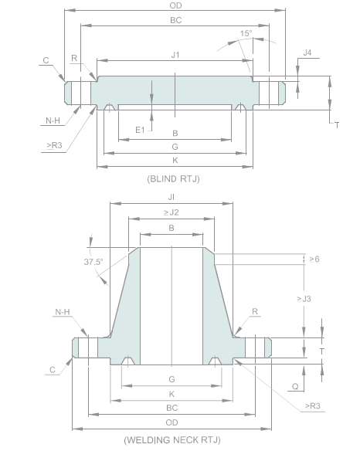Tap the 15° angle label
[x=246, y=34]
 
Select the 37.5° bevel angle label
[x=93, y=262]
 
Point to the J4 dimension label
[x=307, y=53]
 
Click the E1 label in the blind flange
[x=140, y=130]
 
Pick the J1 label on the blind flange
[x=175, y=55]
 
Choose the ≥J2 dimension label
[x=171, y=212]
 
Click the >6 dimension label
[x=314, y=259]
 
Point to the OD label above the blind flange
[x=175, y=6]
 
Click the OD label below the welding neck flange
[x=172, y=422]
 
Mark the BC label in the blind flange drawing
[x=175, y=20]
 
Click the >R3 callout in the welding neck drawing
[x=314, y=405]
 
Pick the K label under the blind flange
[x=175, y=160]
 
